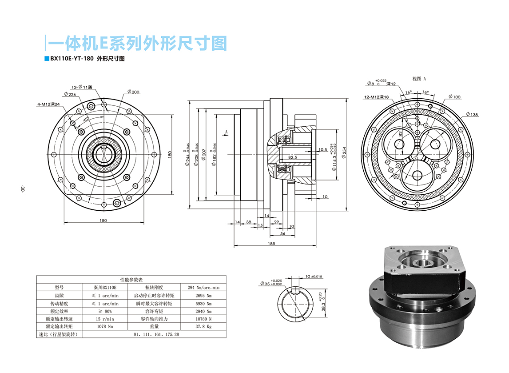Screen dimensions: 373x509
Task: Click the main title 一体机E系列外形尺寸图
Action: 138,43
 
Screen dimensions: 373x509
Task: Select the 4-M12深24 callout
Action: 48,104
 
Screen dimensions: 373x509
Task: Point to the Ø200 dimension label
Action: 133,92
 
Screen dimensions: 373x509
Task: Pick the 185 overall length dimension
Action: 272,243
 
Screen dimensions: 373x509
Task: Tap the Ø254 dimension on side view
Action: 344,154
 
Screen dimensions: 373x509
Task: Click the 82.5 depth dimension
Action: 293,157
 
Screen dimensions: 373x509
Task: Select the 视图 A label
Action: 419,79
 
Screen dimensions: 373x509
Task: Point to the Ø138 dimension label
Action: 472,115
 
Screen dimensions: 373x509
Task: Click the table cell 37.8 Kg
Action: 203,326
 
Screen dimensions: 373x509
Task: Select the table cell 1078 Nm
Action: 104,326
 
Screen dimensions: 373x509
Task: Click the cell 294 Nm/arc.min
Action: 203,287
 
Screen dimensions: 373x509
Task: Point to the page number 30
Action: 22,189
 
